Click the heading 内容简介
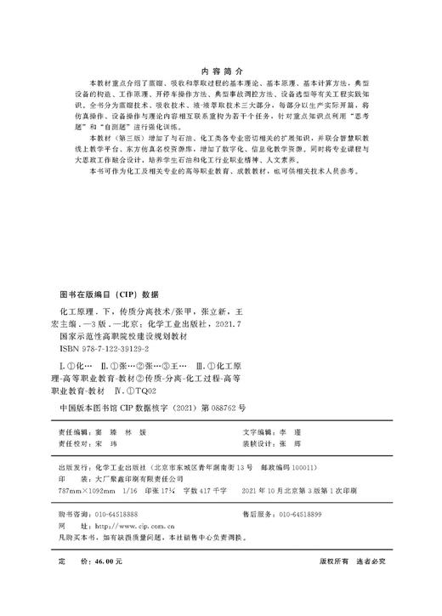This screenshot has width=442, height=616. click(x=220, y=70)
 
